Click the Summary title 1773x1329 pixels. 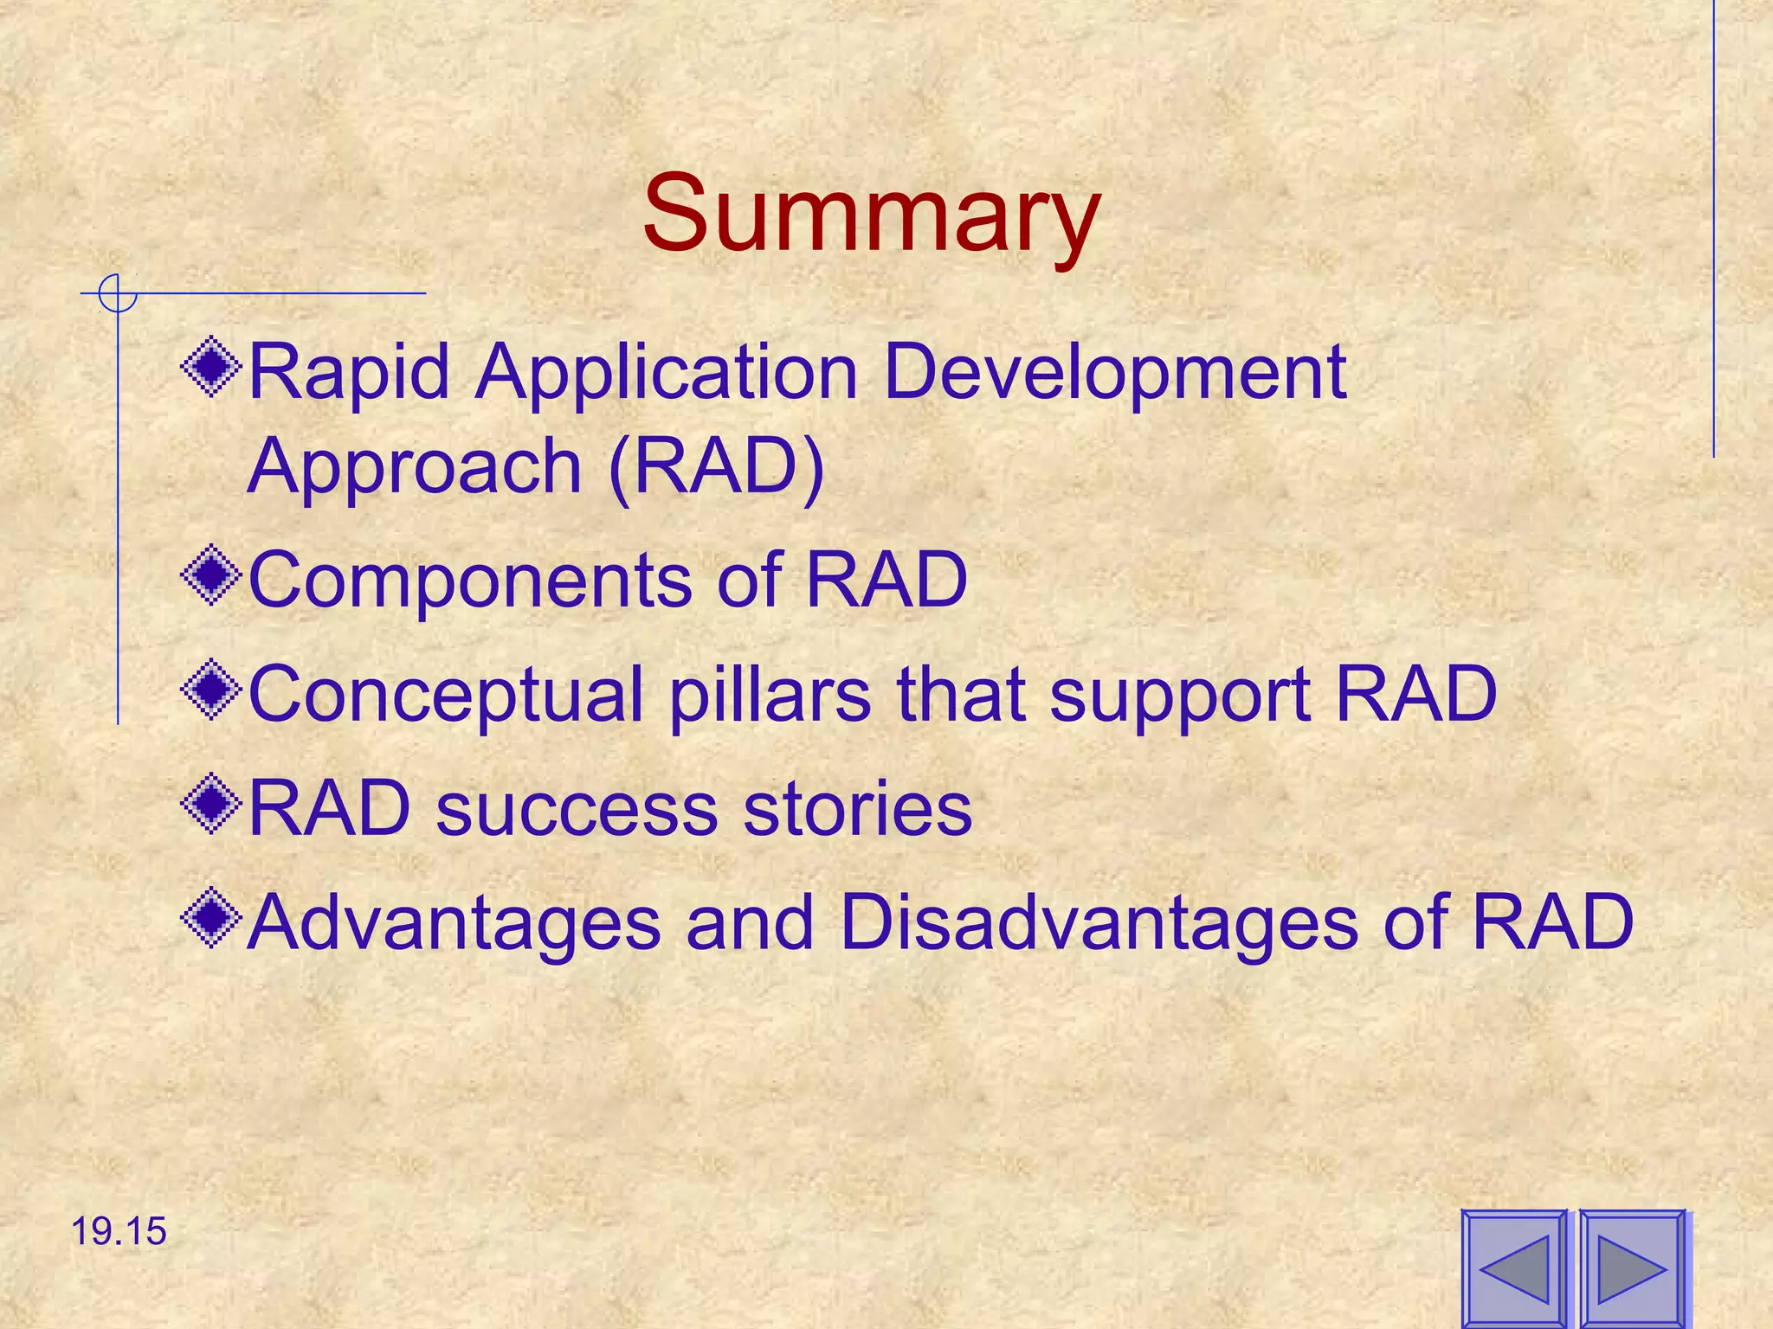871,214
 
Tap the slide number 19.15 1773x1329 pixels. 118,1231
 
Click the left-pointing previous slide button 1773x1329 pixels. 1514,1269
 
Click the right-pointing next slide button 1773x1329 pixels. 1632,1269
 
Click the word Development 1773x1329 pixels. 1115,374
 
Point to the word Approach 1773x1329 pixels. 415,469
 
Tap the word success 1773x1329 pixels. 577,809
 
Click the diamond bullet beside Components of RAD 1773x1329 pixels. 211,576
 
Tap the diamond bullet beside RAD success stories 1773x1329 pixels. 211,805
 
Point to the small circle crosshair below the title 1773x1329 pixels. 118,293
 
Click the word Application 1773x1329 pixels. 666,374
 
